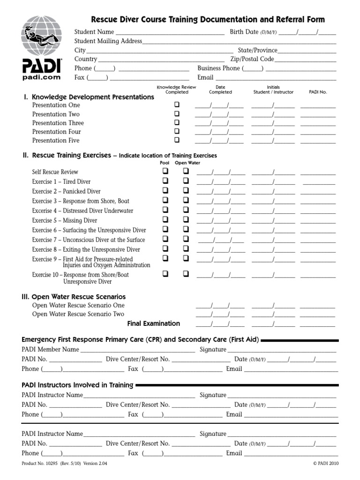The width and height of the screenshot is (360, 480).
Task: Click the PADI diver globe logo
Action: pyautogui.click(x=41, y=35)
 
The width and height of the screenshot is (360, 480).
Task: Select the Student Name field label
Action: pyautogui.click(x=94, y=32)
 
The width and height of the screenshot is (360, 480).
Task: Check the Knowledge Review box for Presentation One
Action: pyautogui.click(x=177, y=105)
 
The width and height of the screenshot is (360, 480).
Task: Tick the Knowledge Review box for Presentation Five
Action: pyautogui.click(x=177, y=140)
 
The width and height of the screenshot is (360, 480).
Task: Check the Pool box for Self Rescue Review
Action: pyautogui.click(x=165, y=172)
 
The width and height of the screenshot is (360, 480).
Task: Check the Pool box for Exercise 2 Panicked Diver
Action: pyautogui.click(x=165, y=191)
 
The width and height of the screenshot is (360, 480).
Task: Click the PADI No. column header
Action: pyautogui.click(x=318, y=92)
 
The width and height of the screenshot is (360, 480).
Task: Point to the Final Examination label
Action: pyautogui.click(x=153, y=323)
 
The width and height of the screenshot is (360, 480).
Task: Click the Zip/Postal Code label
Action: pyautogui.click(x=252, y=59)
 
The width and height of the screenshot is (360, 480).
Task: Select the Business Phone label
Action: pyautogui.click(x=218, y=68)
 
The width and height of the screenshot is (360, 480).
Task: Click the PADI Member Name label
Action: pyautogui.click(x=50, y=349)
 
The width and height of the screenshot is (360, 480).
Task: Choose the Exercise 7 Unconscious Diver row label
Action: pyautogui.click(x=89, y=240)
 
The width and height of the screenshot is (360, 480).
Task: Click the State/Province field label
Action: pyautogui.click(x=258, y=50)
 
